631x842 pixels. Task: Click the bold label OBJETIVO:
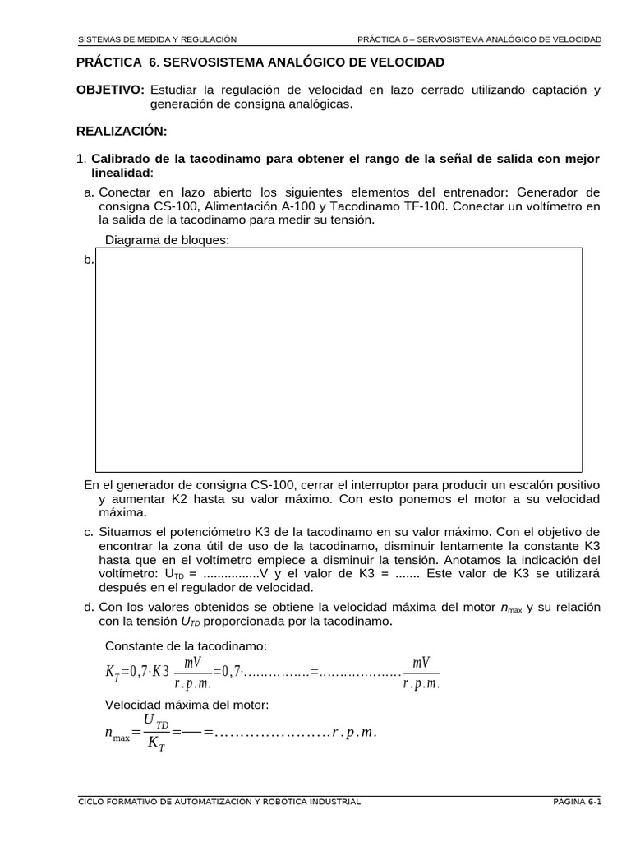(110, 90)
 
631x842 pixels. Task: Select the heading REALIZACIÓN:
(121, 131)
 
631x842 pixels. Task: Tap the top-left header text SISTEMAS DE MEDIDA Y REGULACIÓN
(157, 39)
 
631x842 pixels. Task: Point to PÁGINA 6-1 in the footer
(577, 802)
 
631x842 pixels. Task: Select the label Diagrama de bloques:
(168, 240)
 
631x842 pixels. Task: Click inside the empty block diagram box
(339, 359)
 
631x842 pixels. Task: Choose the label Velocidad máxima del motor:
(187, 706)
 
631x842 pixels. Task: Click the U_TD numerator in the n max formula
(155, 721)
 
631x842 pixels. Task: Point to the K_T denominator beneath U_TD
(154, 745)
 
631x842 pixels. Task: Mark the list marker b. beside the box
(89, 260)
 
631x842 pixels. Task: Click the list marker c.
(89, 532)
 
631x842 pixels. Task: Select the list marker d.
(89, 607)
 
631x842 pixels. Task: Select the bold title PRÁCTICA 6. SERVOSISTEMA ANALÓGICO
(260, 62)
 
